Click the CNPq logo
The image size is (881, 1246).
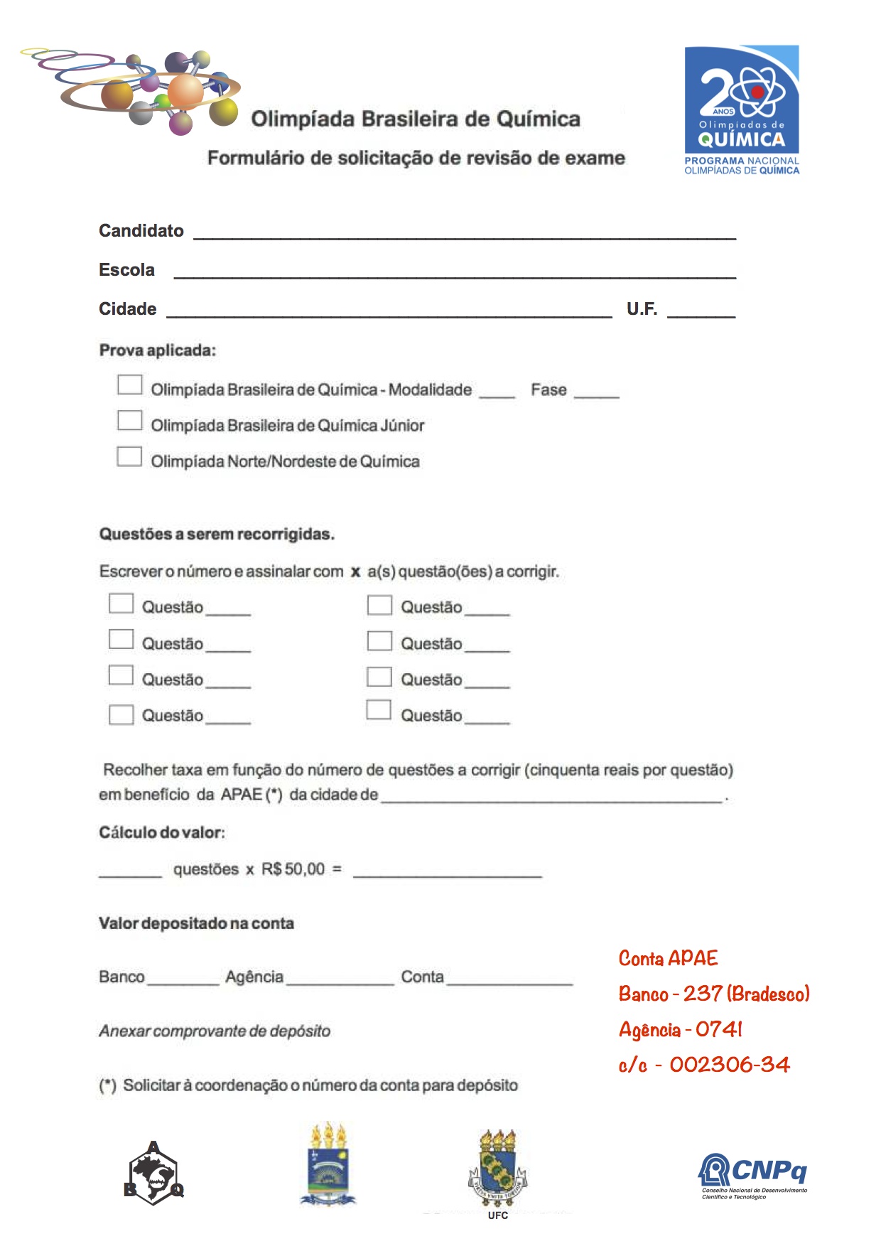coord(753,1176)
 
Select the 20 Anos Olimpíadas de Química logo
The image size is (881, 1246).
coord(741,109)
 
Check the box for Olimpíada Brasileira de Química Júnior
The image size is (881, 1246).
coord(129,421)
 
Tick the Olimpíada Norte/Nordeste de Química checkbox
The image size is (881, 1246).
coord(129,456)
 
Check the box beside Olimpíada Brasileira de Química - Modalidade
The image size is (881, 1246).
coord(129,385)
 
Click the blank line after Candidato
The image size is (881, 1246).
coord(465,233)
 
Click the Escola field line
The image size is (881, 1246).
coord(455,272)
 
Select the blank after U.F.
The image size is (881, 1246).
coord(701,311)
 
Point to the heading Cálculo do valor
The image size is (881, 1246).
coord(162,832)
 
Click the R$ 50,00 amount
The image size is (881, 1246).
coord(293,869)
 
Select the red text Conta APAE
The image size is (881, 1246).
coord(668,959)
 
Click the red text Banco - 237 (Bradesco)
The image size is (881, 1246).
coord(713,994)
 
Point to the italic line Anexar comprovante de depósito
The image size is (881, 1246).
coord(215,1031)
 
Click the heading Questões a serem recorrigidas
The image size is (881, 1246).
coord(217,535)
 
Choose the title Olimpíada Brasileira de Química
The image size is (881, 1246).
coord(416,119)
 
